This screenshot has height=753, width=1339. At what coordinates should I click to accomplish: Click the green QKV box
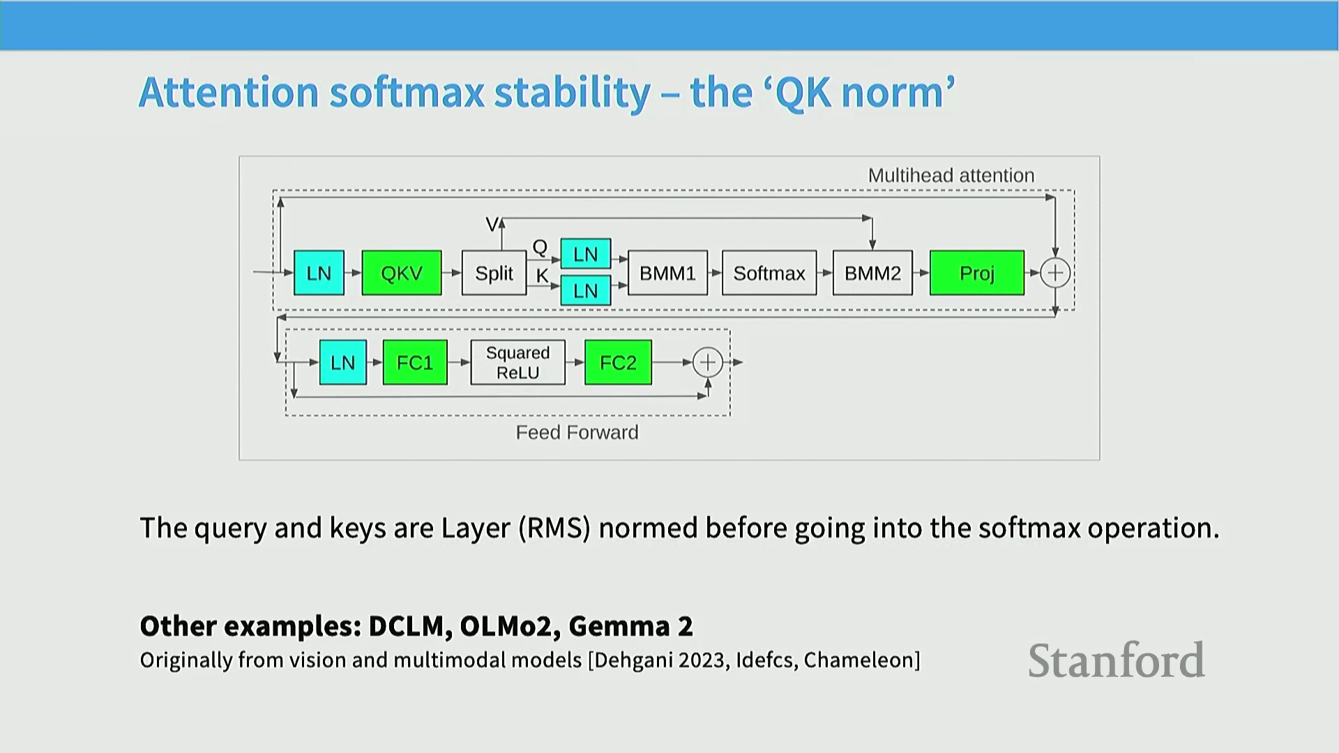click(402, 273)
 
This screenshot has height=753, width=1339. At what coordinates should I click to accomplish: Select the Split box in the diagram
click(494, 273)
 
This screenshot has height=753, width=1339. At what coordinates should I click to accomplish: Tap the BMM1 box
click(667, 273)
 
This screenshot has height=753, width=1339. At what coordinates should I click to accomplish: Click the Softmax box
click(769, 273)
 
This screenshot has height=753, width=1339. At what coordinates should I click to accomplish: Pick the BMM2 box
click(872, 273)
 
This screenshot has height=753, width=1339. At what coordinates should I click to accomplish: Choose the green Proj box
click(977, 273)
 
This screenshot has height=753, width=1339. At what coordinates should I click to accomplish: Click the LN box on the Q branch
click(586, 254)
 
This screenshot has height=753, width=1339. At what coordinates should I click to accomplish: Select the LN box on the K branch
click(586, 291)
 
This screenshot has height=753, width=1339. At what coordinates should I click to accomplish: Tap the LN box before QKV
click(319, 273)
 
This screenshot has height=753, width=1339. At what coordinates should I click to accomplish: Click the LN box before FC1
click(343, 363)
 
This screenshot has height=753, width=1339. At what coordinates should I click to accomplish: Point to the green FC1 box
click(415, 363)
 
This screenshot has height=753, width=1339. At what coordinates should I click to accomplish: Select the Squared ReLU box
click(518, 363)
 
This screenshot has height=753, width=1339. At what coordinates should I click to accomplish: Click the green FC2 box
click(619, 363)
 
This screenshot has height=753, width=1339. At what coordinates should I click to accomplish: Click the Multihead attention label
click(951, 176)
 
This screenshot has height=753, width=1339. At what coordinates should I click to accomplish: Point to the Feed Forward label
click(577, 433)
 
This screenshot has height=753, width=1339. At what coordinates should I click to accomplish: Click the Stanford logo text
click(1117, 660)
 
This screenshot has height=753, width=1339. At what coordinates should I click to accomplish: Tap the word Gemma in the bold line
click(619, 626)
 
